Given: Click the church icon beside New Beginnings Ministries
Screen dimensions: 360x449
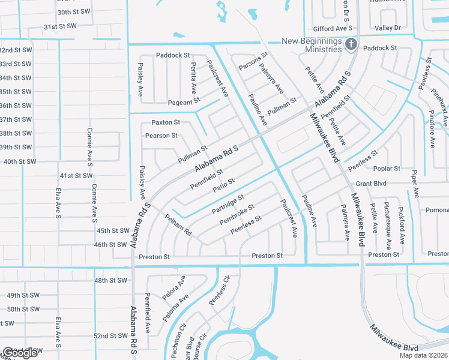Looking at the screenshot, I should coord(351,44).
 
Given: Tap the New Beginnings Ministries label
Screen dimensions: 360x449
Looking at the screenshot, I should coord(307,45).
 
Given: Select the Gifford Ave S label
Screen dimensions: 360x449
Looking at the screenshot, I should coord(332,28).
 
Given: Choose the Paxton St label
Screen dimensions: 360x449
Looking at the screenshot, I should coord(166,122).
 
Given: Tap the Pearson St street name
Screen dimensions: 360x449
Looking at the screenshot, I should coord(161,136).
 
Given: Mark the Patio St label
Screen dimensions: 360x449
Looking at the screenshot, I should coord(223,185).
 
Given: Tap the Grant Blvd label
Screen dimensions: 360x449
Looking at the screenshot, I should coord(371,183).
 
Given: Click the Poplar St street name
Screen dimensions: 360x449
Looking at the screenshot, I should coord(387,169).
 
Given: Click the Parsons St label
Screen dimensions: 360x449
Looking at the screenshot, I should coord(253,61).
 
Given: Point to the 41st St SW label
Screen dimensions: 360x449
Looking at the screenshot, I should coord(76,176).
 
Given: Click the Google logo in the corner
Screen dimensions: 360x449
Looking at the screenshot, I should coord(20,353).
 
